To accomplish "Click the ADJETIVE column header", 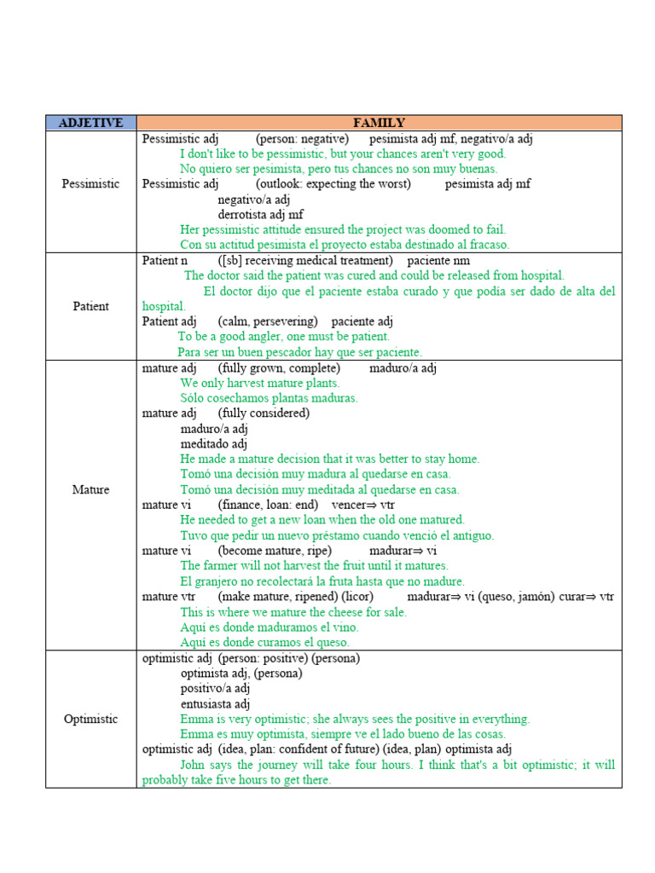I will pos(90,123).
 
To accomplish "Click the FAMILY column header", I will pos(379,123).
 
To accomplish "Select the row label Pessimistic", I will pos(90,183).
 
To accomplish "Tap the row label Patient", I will pos(90,306).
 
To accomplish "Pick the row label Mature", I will pos(90,490).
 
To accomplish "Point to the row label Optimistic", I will pos(90,719).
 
